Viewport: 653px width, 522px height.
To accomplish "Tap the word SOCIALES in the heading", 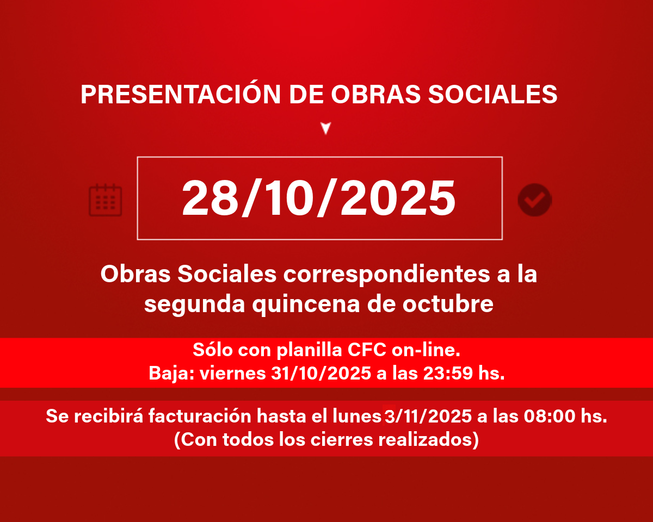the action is click(x=492, y=94).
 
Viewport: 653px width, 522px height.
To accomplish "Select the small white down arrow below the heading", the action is click(x=326, y=128).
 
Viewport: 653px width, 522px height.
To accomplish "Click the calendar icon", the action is click(x=105, y=200).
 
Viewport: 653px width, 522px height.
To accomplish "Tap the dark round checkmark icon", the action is click(x=535, y=200).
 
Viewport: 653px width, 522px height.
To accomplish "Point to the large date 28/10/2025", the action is click(x=319, y=198).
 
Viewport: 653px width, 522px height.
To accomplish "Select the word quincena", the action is click(x=306, y=304).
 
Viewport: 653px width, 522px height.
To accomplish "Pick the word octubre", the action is click(x=448, y=304).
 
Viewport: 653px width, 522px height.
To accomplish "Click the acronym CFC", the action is click(x=367, y=350).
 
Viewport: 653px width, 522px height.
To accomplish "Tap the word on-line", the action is click(x=426, y=350).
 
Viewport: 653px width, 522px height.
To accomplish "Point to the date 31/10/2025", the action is click(x=321, y=373).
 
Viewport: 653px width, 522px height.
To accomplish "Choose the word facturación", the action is click(x=200, y=416).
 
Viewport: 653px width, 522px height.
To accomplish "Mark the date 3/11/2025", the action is click(x=428, y=416).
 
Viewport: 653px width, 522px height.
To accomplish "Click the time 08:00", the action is click(x=550, y=416).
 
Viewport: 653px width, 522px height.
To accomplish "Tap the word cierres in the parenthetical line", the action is click(x=341, y=439).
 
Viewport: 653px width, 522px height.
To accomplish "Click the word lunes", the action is click(x=357, y=416).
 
